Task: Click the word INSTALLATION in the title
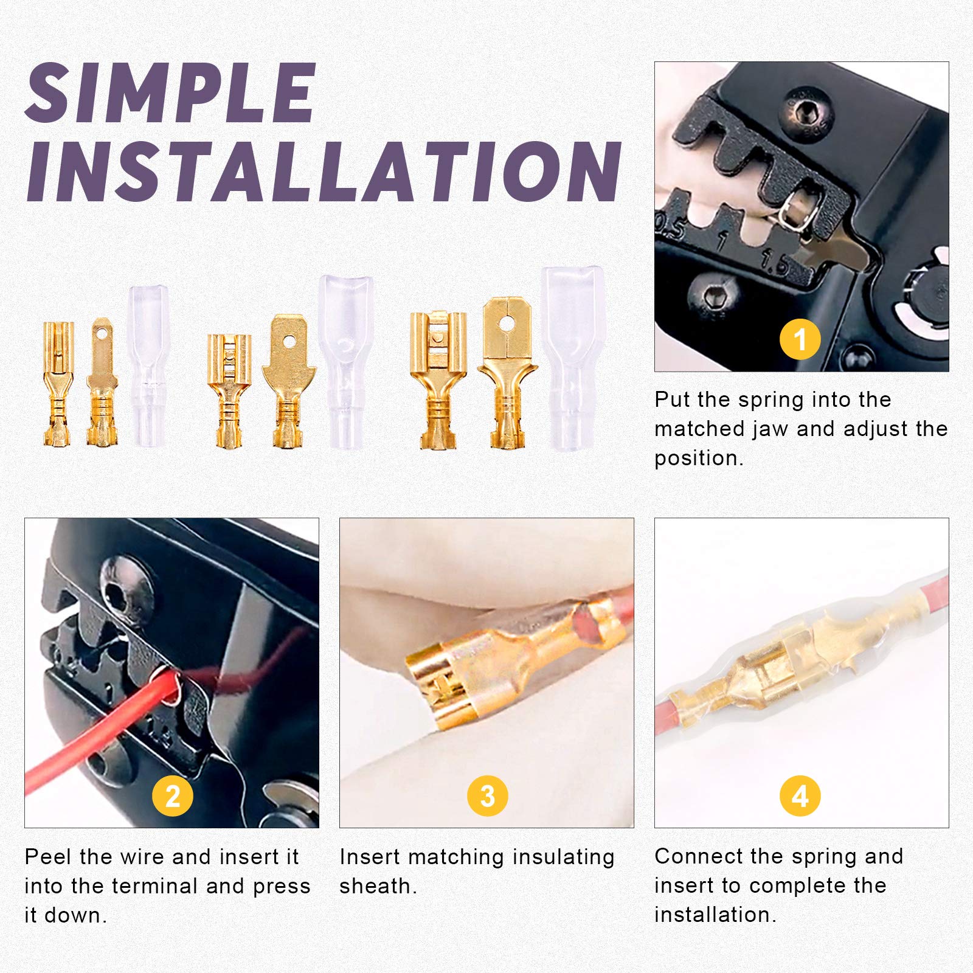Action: coord(322,171)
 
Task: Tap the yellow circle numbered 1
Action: coord(800,339)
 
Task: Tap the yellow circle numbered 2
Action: coord(172,795)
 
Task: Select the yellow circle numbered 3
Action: coord(487,795)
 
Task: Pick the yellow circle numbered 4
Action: coord(800,795)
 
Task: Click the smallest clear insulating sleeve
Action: coord(148,365)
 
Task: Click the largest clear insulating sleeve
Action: coord(572,359)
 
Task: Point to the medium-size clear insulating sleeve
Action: coord(345,362)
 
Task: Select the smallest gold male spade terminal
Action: coord(102,383)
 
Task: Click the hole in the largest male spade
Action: coord(507,324)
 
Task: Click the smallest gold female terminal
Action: coord(58,383)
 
